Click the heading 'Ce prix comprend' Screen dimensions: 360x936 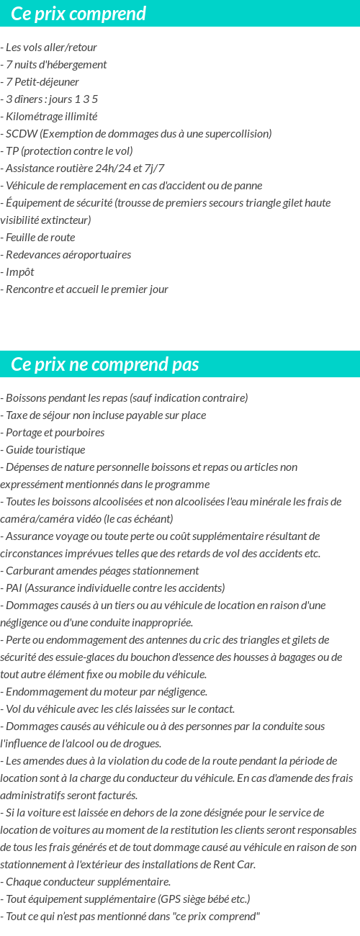(78, 14)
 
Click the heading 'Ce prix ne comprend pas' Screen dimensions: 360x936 (105, 364)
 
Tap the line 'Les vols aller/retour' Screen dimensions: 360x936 (50, 48)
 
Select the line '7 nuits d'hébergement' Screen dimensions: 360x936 (55, 65)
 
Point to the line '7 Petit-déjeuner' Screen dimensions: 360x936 (42, 82)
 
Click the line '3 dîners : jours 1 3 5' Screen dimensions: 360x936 (51, 99)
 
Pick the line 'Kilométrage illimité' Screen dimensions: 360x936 (51, 117)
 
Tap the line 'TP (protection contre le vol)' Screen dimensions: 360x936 (68, 151)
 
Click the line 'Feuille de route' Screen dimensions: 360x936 (40, 238)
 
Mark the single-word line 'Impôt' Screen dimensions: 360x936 (19, 272)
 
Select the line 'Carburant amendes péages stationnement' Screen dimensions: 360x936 (102, 571)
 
